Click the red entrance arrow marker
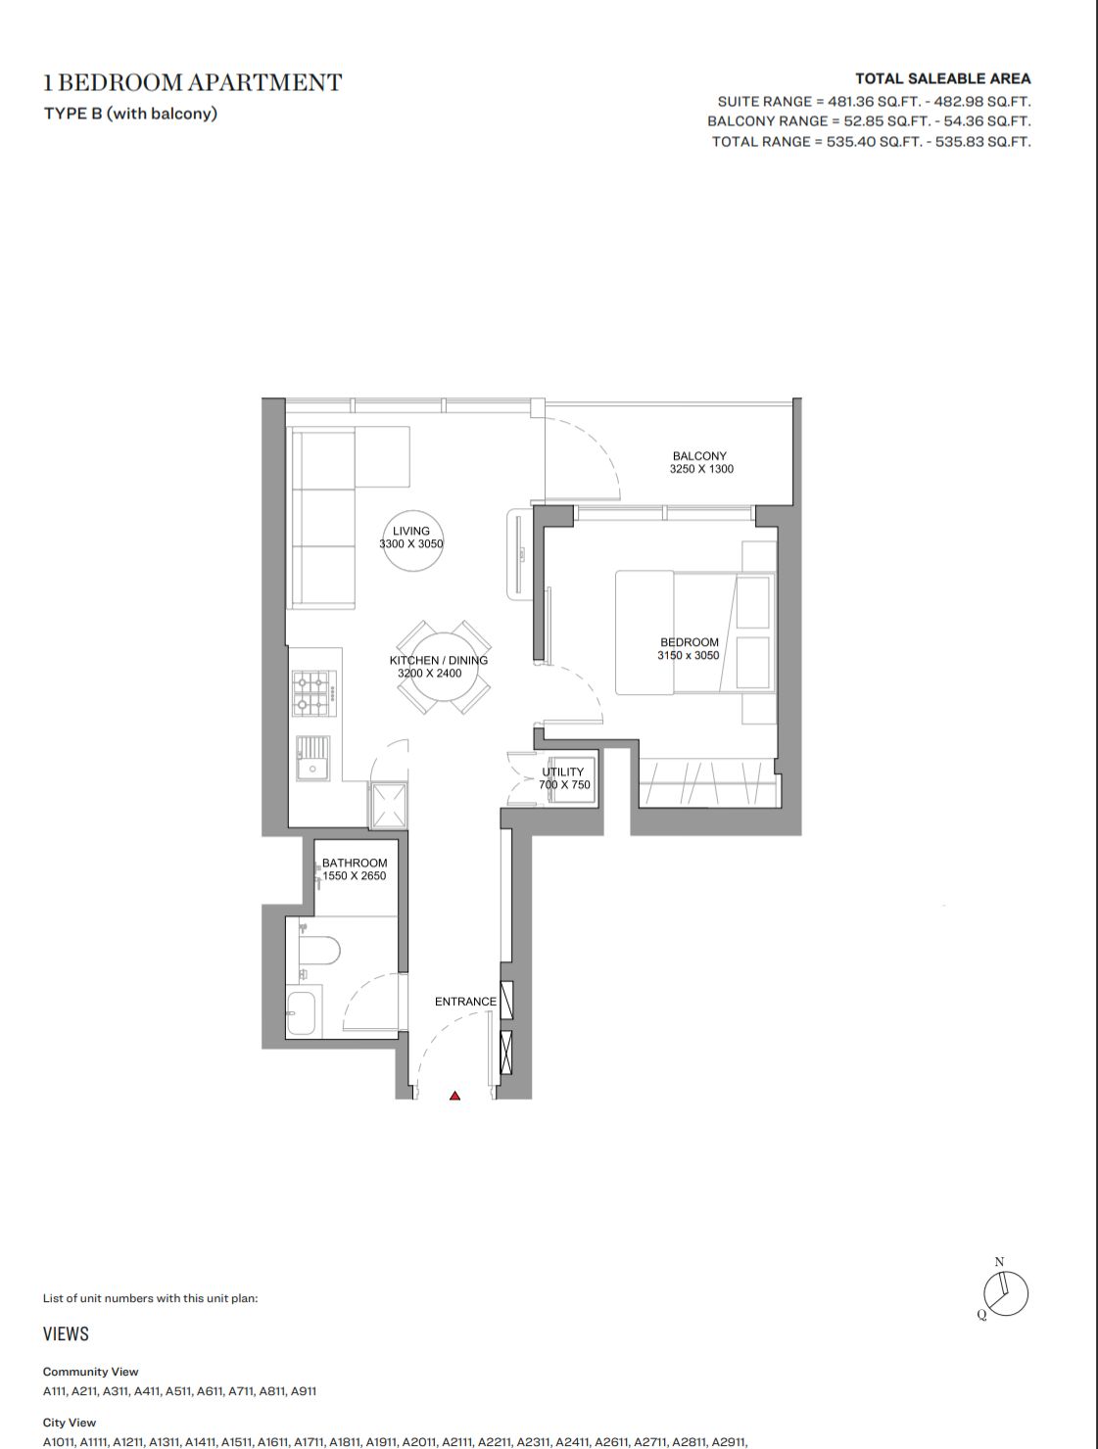pyautogui.click(x=454, y=1096)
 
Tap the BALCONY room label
pyautogui.click(x=699, y=455)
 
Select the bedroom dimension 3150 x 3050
pyautogui.click(x=688, y=655)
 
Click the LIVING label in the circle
pyautogui.click(x=410, y=531)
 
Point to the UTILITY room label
pyautogui.click(x=562, y=771)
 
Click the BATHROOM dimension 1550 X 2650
pyautogui.click(x=354, y=876)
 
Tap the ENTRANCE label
pyautogui.click(x=465, y=1002)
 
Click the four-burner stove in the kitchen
pyautogui.click(x=314, y=693)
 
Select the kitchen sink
pyautogui.click(x=312, y=758)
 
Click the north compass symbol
pyautogui.click(x=1005, y=1294)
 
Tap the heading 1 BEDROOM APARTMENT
pyautogui.click(x=193, y=82)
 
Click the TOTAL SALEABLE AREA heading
pyautogui.click(x=943, y=78)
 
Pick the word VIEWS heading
pyautogui.click(x=66, y=1334)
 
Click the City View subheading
pyautogui.click(x=70, y=1423)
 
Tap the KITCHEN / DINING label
pyautogui.click(x=439, y=660)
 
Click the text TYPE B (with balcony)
pyautogui.click(x=130, y=114)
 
